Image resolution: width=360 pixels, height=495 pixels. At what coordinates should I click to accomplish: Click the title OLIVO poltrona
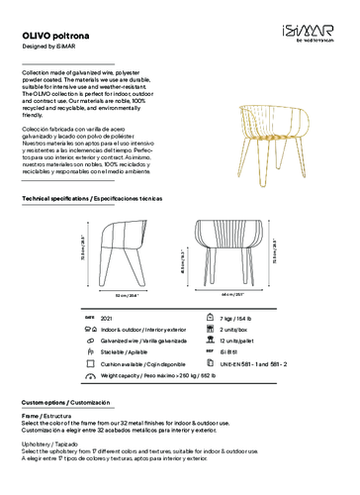click(55, 33)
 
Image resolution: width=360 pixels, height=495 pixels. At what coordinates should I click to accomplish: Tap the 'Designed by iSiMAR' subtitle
click(47, 45)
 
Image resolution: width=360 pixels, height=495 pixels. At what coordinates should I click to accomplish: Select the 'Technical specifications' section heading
click(91, 199)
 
